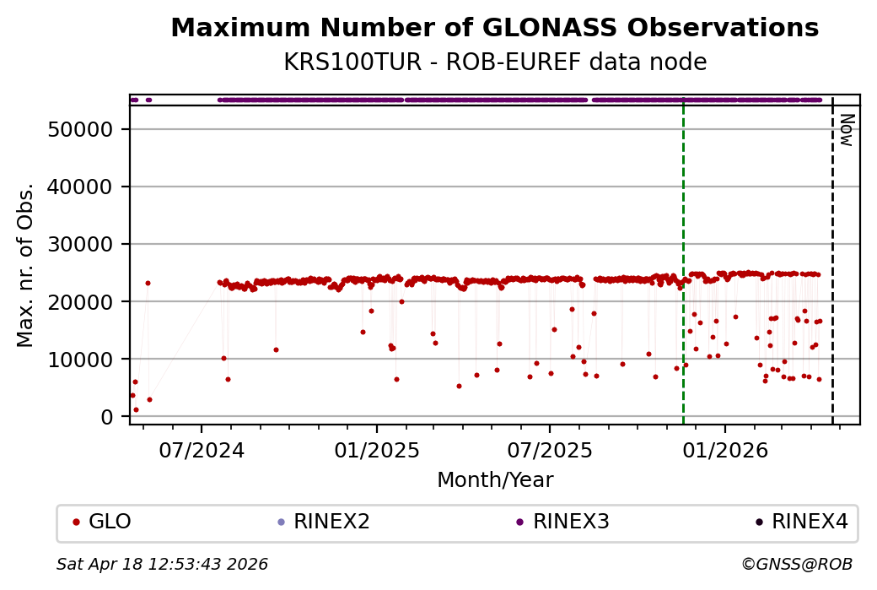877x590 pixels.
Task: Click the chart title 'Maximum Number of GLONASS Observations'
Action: pyautogui.click(x=494, y=29)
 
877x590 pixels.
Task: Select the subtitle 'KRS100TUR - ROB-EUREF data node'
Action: pyautogui.click(x=494, y=62)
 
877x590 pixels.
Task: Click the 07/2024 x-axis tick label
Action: pyautogui.click(x=202, y=450)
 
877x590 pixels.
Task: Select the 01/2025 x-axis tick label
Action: pyautogui.click(x=376, y=450)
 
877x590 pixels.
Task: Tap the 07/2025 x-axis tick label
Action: pyautogui.click(x=549, y=450)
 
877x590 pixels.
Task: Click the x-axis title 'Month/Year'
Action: pyautogui.click(x=494, y=480)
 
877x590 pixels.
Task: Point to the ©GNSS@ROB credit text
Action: pyautogui.click(x=797, y=564)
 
